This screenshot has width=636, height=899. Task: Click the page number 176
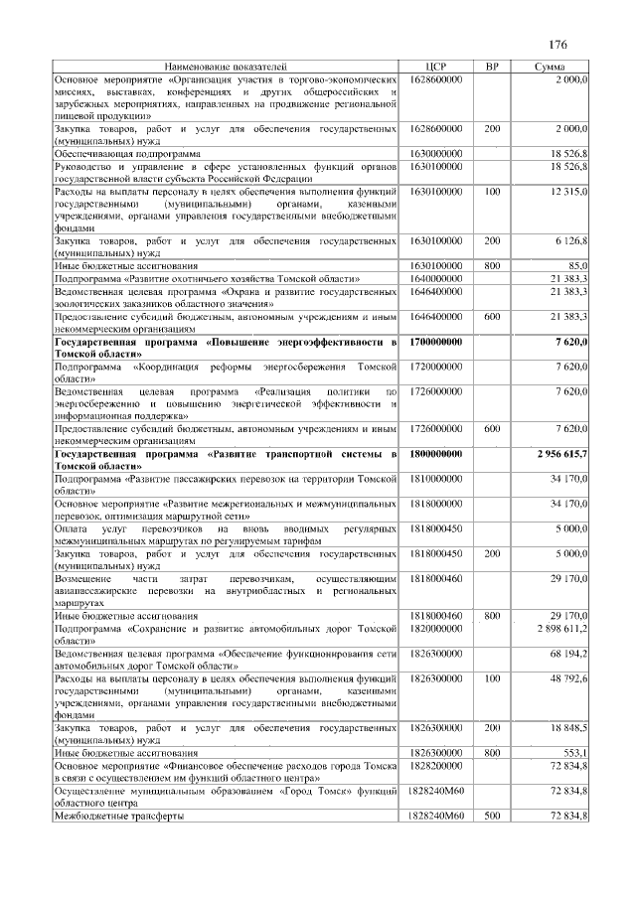(556, 45)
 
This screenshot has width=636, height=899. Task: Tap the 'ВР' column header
(491, 66)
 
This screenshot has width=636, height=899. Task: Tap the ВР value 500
(492, 816)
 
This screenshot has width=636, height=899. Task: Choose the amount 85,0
(576, 266)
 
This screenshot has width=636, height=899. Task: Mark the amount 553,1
(575, 753)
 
